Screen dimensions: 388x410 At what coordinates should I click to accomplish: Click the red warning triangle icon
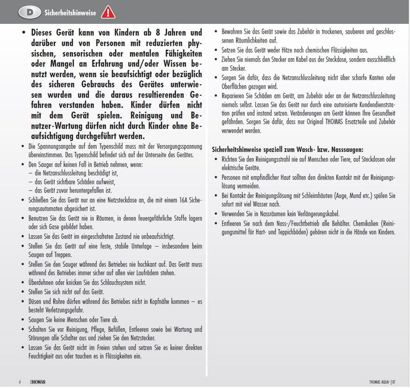pyautogui.click(x=108, y=12)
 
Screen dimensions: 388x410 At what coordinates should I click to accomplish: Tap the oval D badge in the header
pyautogui.click(x=30, y=12)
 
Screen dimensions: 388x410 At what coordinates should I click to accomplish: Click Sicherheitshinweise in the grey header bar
pyautogui.click(x=70, y=13)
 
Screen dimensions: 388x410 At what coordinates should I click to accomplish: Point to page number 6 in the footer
pyautogui.click(x=20, y=381)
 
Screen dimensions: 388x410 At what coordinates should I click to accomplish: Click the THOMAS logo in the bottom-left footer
pyautogui.click(x=38, y=381)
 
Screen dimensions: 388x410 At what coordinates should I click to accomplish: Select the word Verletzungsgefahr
pyautogui.click(x=65, y=310)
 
